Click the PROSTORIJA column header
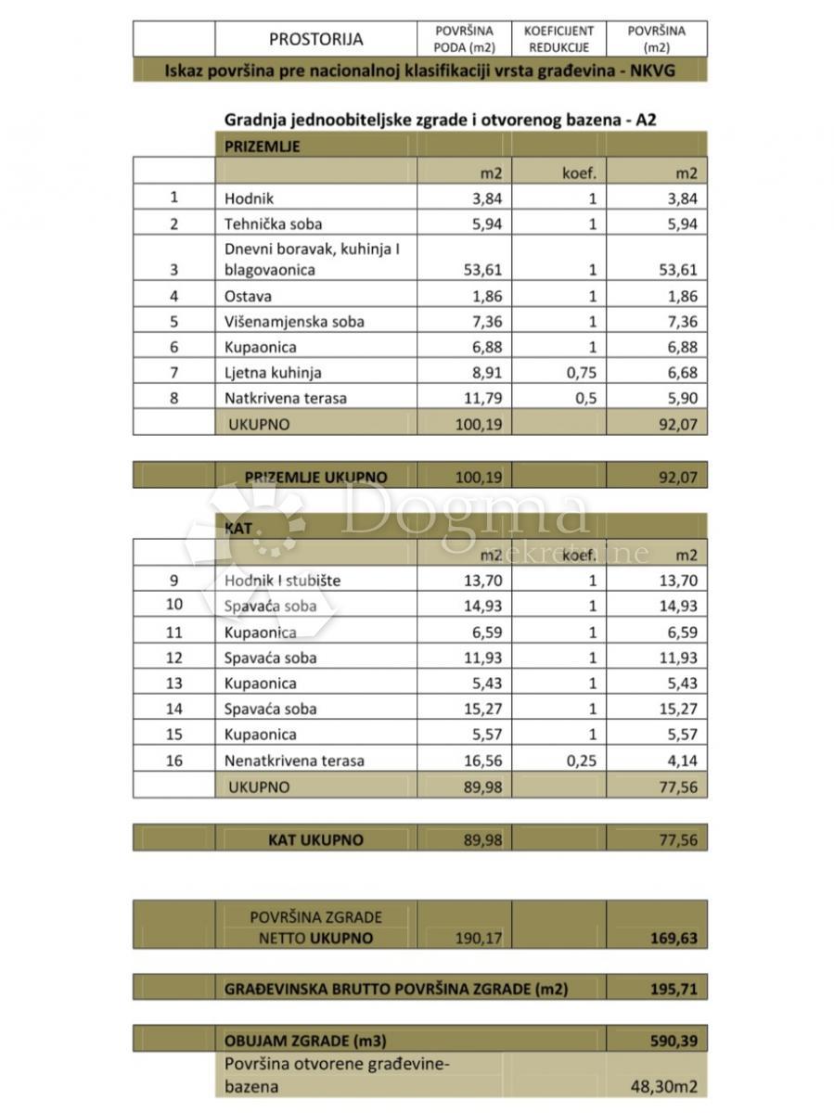pyautogui.click(x=315, y=39)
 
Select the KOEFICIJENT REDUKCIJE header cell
pyautogui.click(x=558, y=39)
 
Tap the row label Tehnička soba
pyautogui.click(x=274, y=224)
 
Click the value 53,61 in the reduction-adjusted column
pyautogui.click(x=676, y=270)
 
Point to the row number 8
pyautogui.click(x=173, y=399)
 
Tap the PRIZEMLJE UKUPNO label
pyautogui.click(x=316, y=477)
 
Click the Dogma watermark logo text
pyautogui.click(x=464, y=513)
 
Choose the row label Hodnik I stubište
pyautogui.click(x=282, y=581)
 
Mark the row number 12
pyautogui.click(x=173, y=658)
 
